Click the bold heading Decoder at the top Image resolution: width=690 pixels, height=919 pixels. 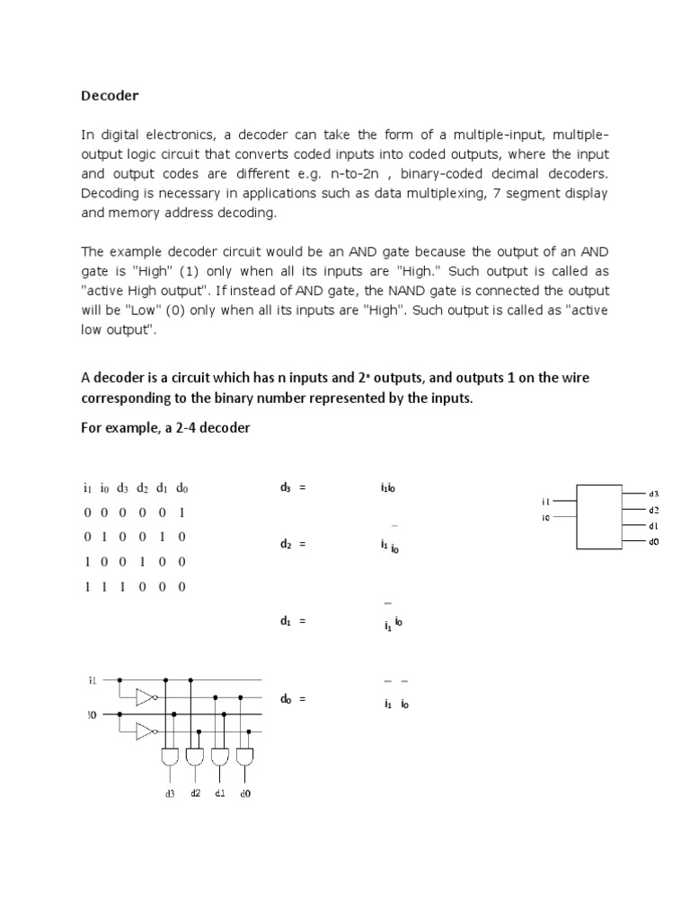pos(110,95)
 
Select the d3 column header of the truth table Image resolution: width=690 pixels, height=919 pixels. pos(122,489)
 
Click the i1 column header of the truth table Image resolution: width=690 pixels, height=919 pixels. pos(87,489)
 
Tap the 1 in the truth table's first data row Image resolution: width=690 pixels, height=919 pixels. pos(181,513)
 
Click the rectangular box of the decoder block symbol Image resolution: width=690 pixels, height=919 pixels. pos(599,517)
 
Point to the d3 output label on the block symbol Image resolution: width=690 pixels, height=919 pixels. pos(653,494)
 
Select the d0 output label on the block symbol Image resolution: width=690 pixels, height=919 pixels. pos(653,542)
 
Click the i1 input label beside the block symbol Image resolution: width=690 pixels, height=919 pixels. pos(545,502)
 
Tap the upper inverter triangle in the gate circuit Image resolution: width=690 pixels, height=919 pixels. pos(145,696)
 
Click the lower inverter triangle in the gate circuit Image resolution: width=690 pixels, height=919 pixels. pos(145,731)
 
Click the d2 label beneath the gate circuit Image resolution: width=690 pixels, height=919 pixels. pos(195,793)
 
